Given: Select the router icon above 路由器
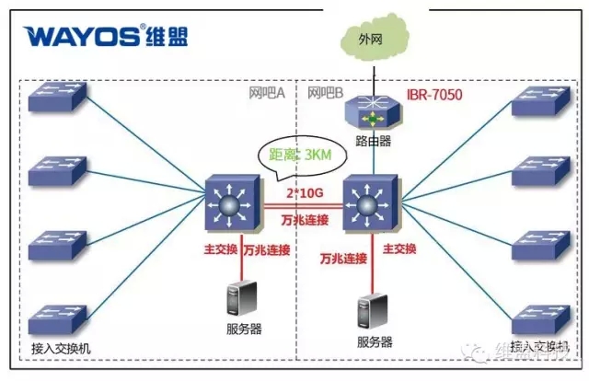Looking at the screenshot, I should click(374, 116).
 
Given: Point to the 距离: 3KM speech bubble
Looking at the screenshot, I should click(294, 156).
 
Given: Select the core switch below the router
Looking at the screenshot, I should click(371, 203).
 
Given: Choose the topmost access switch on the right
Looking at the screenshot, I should click(538, 100).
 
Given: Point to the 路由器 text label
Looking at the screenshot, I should click(374, 142).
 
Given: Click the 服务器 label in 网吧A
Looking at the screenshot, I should click(241, 329).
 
